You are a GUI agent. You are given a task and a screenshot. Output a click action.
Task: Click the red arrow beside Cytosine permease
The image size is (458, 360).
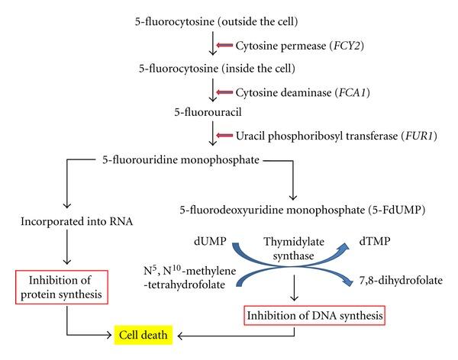click(226, 46)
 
